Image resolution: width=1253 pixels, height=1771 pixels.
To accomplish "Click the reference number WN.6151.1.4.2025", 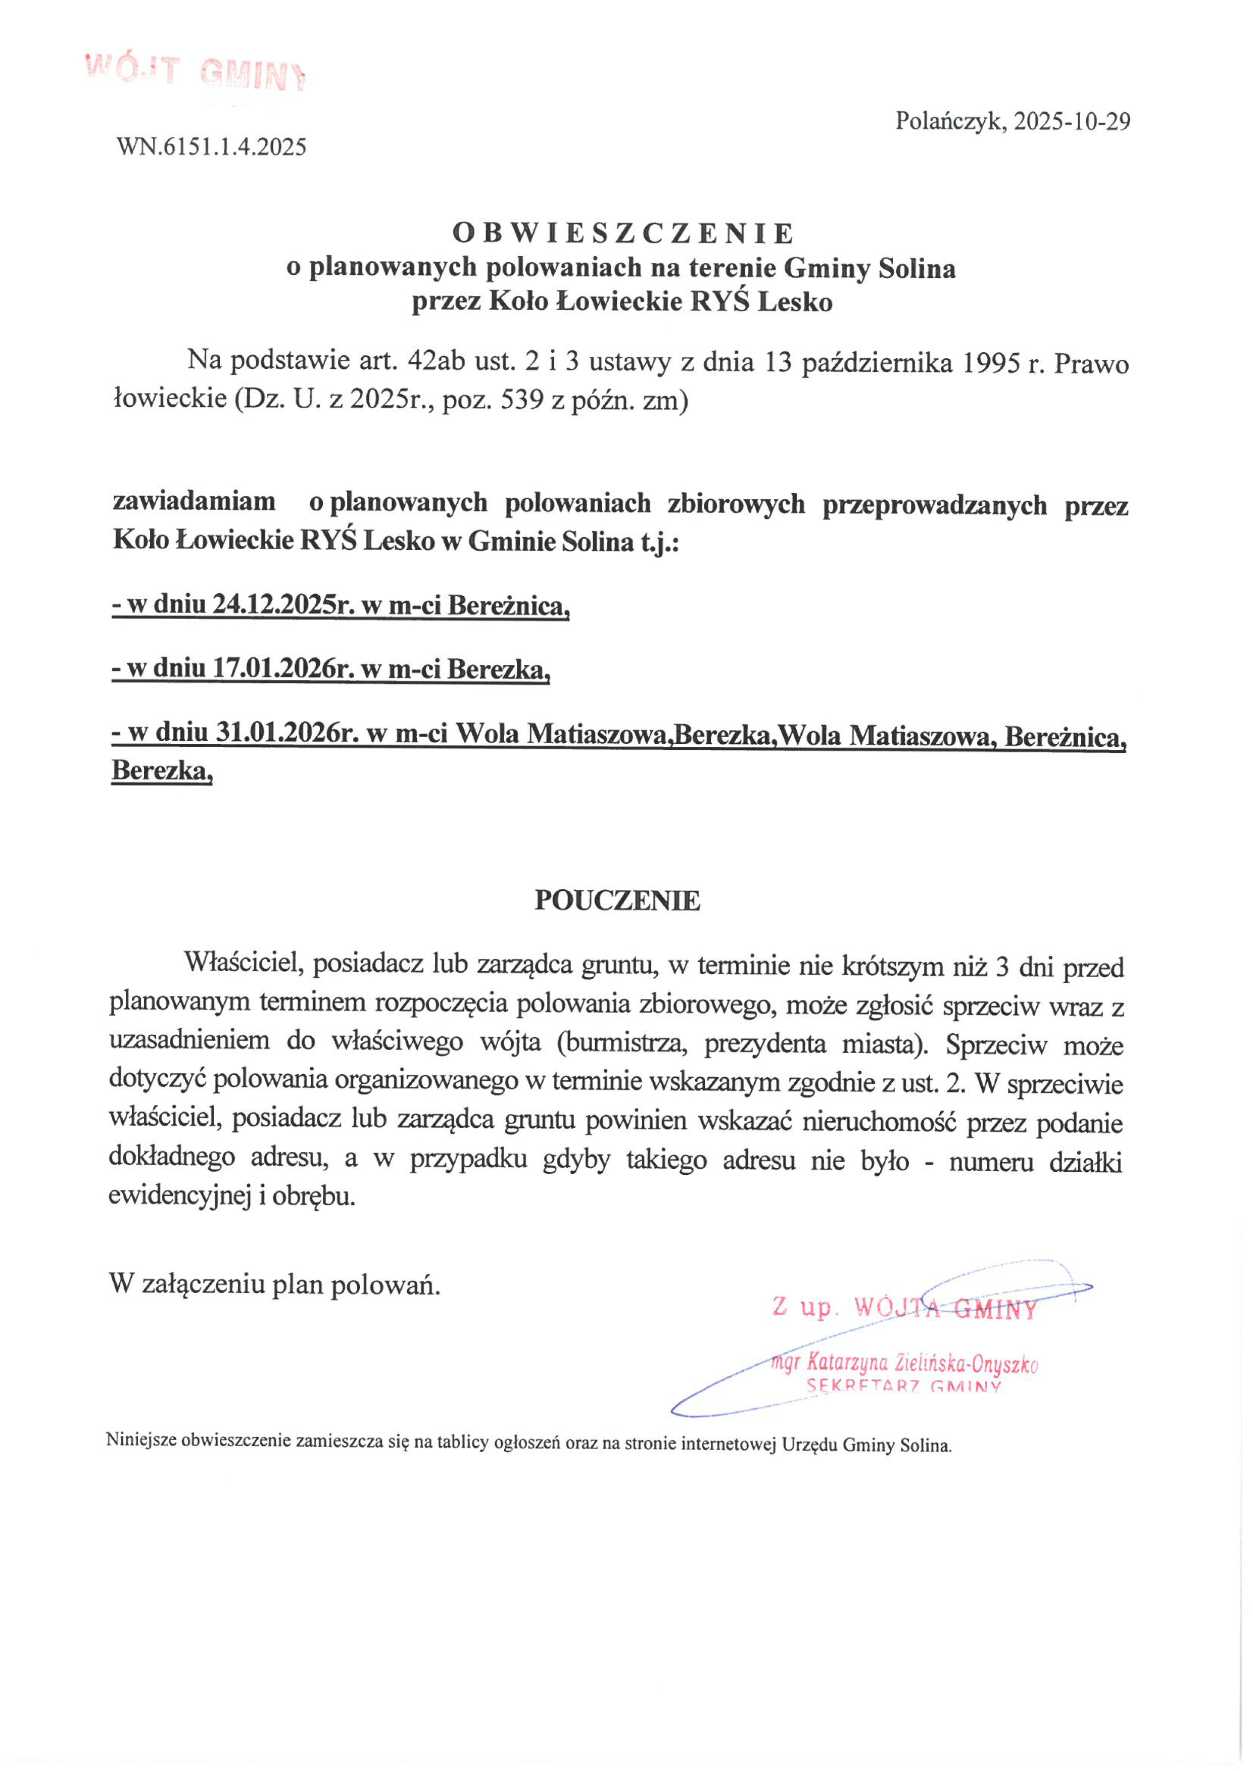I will [x=211, y=147].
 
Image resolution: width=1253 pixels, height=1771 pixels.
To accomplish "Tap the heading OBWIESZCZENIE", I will [x=623, y=232].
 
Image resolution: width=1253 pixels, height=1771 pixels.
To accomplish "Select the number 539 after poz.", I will [x=522, y=400].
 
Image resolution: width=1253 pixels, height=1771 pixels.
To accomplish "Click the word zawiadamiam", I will [x=195, y=502].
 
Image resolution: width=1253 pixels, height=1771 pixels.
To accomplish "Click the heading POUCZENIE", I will [x=617, y=900].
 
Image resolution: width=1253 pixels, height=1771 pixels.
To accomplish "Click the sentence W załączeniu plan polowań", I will [x=275, y=1284].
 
